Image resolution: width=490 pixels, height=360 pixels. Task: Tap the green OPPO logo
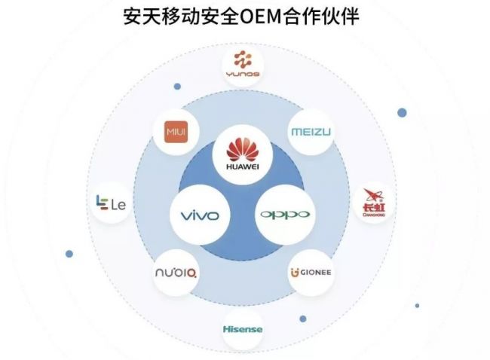click(x=284, y=215)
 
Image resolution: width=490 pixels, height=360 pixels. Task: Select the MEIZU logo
click(x=311, y=133)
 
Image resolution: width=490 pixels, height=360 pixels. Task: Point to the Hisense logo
click(x=243, y=329)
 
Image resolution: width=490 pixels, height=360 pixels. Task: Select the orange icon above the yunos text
click(x=243, y=59)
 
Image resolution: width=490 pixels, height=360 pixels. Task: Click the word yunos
click(x=243, y=75)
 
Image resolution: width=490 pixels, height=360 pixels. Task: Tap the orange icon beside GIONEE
click(x=294, y=273)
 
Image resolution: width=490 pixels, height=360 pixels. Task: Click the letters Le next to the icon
click(x=117, y=204)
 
